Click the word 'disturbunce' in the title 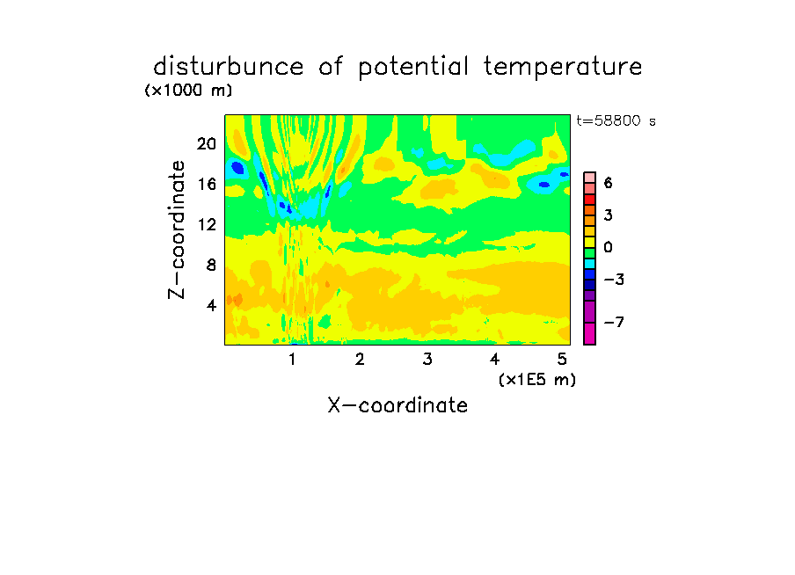tap(228, 67)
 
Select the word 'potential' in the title tap(413, 68)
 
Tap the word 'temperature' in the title tap(563, 68)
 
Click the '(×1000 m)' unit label tap(188, 91)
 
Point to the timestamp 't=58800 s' tap(616, 120)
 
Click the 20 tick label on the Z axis tap(207, 144)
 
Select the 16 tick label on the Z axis tap(208, 184)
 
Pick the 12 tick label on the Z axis tap(208, 224)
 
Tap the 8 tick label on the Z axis tap(211, 265)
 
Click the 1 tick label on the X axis tap(293, 359)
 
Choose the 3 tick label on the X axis tap(427, 359)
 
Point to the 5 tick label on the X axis tap(562, 359)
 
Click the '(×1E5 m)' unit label tap(537, 380)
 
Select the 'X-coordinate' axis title tap(397, 405)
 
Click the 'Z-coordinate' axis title tap(177, 229)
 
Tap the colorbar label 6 tap(609, 183)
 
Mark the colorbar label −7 tap(614, 322)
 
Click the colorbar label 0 tap(609, 247)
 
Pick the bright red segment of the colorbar tap(590, 200)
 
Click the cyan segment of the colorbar tap(590, 264)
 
